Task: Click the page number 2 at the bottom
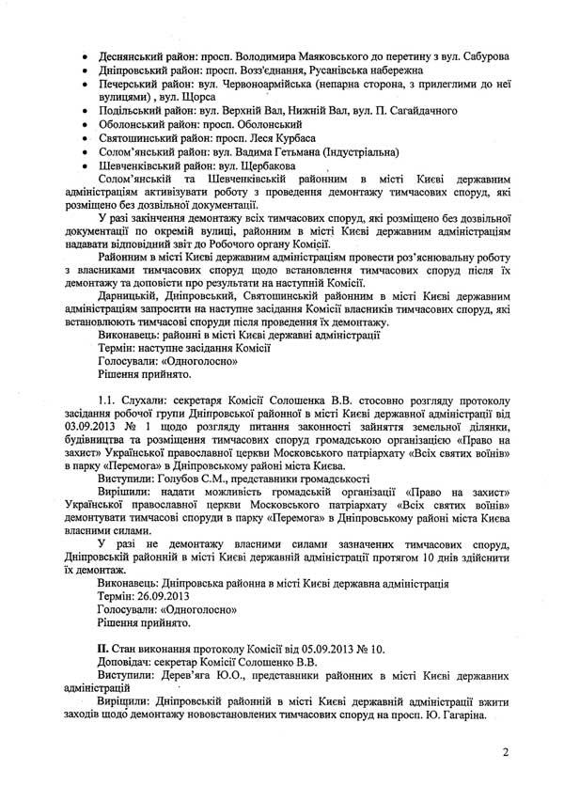[x=505, y=752]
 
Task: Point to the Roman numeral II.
[x=103, y=650]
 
